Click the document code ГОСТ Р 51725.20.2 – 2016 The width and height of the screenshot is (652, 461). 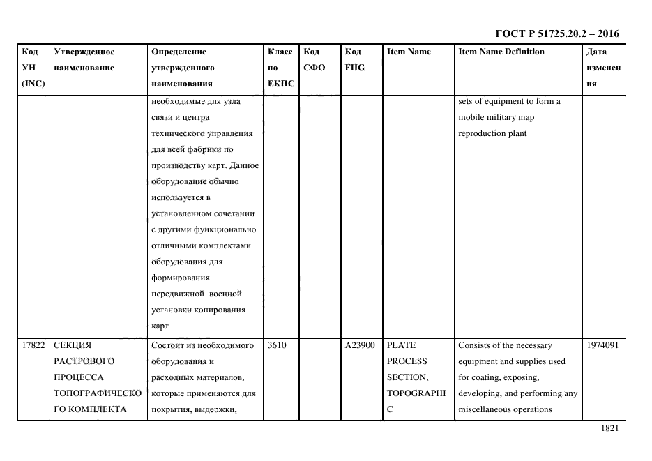click(x=557, y=33)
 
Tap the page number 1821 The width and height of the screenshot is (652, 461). click(x=609, y=428)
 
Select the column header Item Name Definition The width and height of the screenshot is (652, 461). click(x=501, y=52)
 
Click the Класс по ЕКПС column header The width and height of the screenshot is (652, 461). click(x=281, y=68)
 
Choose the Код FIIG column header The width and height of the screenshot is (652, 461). click(x=354, y=60)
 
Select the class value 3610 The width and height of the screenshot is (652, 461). click(x=277, y=345)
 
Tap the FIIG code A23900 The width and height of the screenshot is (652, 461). click(x=360, y=345)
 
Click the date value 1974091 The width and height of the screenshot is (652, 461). click(x=602, y=345)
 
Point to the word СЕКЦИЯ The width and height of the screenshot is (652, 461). click(x=73, y=345)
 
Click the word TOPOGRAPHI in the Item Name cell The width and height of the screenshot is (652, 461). click(x=416, y=393)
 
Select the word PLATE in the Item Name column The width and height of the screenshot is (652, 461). click(x=401, y=345)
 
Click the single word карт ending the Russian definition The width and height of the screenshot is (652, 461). click(x=160, y=325)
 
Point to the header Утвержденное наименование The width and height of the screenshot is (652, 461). click(x=84, y=60)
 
